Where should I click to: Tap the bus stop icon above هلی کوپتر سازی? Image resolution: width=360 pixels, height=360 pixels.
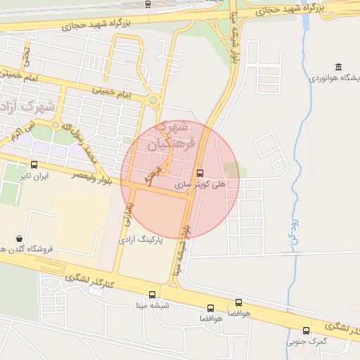200,172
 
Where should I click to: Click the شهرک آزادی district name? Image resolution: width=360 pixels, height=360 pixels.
15,107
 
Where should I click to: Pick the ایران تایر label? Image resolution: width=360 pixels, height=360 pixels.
35,176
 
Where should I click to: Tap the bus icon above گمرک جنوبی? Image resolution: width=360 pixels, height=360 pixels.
306,330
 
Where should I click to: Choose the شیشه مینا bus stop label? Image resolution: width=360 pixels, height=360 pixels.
151,306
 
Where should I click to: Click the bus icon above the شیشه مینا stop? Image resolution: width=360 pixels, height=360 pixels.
152,295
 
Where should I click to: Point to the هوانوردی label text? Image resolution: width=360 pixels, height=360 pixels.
335,77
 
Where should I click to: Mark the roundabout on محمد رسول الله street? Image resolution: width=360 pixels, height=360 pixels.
56,125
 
